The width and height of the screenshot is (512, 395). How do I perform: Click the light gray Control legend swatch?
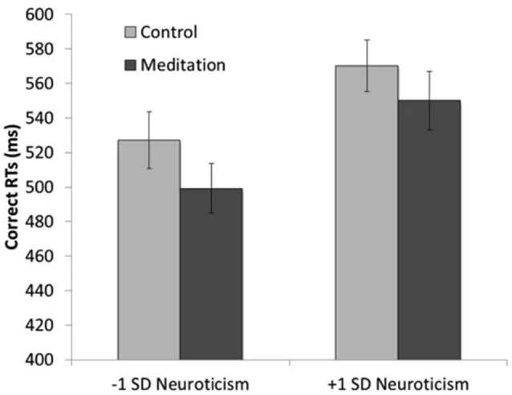tap(130, 33)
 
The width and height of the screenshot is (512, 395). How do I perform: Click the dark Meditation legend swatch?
tap(130, 64)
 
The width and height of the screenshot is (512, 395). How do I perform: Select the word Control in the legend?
tap(169, 33)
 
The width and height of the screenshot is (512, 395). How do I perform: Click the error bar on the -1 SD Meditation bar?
tap(211, 188)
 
